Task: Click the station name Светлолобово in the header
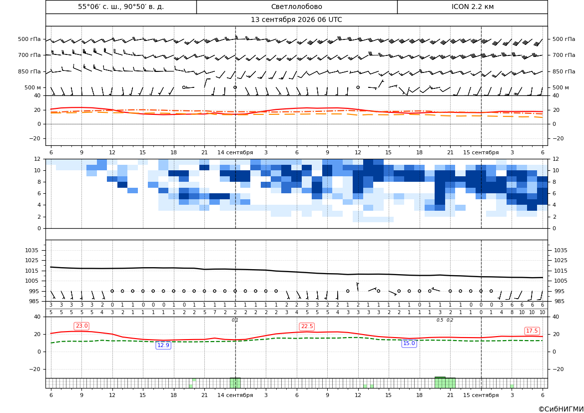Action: [296, 6]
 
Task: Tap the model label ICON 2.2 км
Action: [472, 6]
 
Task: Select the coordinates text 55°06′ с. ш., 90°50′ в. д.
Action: [121, 6]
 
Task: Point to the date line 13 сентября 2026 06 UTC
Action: [296, 20]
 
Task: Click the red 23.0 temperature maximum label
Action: [81, 326]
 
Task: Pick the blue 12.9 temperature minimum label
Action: [163, 345]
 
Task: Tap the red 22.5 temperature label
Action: [307, 327]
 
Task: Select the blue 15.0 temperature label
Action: [409, 344]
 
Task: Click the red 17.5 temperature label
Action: [532, 331]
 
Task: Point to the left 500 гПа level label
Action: [29, 39]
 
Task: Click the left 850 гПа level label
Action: [29, 71]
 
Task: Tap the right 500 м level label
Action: [561, 87]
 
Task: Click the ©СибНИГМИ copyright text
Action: [561, 409]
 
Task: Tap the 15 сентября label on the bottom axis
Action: [481, 395]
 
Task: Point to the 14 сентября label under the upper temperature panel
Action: [235, 152]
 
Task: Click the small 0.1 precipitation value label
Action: [235, 320]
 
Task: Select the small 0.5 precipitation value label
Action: [440, 320]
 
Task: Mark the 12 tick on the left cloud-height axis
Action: [37, 159]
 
